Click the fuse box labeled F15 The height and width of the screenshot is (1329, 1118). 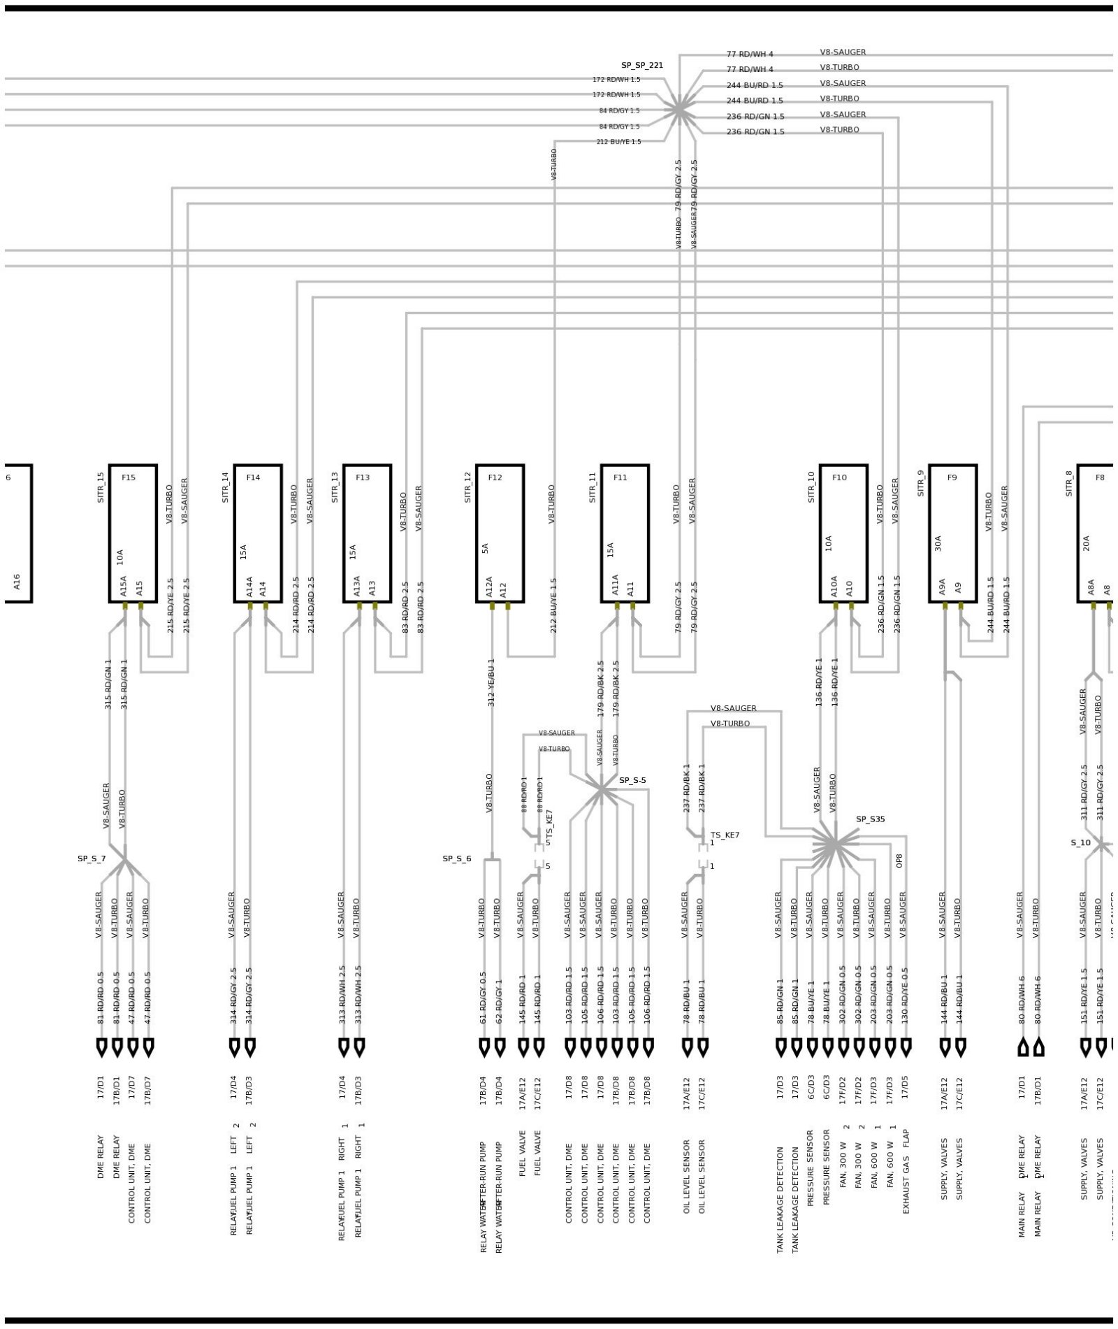coord(133,533)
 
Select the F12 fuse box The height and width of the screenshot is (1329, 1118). coord(500,533)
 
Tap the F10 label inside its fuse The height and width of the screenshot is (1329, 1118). coord(839,477)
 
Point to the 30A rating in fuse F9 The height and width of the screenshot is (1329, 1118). coord(938,543)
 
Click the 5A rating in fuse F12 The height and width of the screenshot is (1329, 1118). coord(484,548)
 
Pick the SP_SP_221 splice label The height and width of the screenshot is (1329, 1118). coord(641,65)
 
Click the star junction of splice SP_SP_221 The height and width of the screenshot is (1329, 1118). coord(678,110)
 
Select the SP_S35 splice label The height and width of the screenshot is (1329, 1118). coord(870,819)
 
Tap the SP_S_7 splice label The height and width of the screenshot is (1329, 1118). coord(92,859)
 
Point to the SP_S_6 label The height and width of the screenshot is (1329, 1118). coord(456,859)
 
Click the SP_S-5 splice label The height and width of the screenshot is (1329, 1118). coord(632,780)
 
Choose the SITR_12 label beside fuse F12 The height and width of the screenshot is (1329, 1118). coord(468,487)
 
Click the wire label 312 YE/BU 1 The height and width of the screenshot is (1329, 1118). coord(491,682)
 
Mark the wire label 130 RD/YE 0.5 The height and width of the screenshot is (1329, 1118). coord(905,996)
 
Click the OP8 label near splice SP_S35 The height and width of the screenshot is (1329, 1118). coord(899,861)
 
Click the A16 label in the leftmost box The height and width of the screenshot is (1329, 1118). coord(17,581)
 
